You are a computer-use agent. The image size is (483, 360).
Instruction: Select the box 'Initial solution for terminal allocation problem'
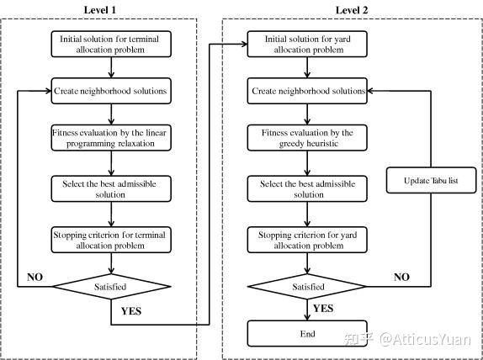click(x=110, y=45)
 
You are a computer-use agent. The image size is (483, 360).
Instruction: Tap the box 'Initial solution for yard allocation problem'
click(x=307, y=45)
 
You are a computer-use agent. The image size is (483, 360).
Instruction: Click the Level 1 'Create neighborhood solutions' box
click(x=110, y=90)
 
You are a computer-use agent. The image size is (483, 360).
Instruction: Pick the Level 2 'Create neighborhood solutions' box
click(x=307, y=90)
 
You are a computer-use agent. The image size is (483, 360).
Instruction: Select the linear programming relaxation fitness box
click(x=110, y=138)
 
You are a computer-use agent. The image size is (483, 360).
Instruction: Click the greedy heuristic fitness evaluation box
click(x=307, y=138)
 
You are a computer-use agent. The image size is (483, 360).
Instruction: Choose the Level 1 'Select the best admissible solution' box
click(x=110, y=188)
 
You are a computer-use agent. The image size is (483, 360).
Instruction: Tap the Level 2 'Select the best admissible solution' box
click(x=307, y=188)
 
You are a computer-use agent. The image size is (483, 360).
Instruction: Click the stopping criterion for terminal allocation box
click(x=110, y=239)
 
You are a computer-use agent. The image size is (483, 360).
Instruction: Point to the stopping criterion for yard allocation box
click(x=307, y=239)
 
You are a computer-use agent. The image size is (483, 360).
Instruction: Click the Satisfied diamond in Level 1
click(x=110, y=287)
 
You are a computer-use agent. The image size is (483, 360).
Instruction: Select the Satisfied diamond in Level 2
click(x=307, y=287)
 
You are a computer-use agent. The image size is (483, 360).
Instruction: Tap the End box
click(x=307, y=334)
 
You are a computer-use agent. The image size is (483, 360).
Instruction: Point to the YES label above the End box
click(x=323, y=308)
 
